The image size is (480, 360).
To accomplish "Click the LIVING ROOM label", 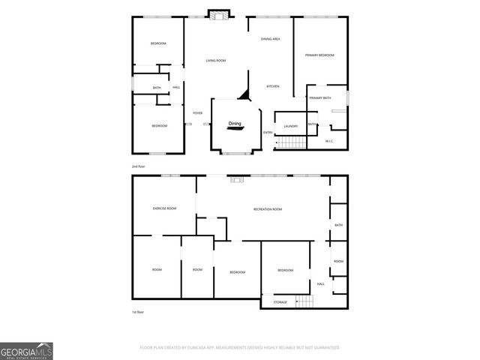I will click(216, 60).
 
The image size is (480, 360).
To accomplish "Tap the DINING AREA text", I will click(271, 38).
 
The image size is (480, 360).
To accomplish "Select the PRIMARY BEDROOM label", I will click(319, 55).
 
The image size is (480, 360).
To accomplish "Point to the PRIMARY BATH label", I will click(320, 98).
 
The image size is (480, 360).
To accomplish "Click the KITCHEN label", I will click(273, 86).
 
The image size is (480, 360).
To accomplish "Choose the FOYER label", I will click(197, 113).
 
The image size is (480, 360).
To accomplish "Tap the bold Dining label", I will click(235, 124).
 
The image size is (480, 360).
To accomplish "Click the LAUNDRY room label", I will click(291, 126).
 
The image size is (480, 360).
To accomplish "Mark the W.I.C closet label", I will click(329, 141).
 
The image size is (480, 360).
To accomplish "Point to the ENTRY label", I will click(268, 133).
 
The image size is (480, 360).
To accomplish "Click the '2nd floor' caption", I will click(138, 166).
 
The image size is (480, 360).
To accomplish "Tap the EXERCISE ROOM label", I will click(164, 208).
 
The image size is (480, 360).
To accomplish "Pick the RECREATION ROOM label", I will click(267, 208).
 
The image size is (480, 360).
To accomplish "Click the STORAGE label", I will click(280, 301).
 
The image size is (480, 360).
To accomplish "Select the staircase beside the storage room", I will click(303, 301).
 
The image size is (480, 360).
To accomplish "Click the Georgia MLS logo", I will click(26, 350).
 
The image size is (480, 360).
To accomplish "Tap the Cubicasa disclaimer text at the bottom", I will click(240, 347).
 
